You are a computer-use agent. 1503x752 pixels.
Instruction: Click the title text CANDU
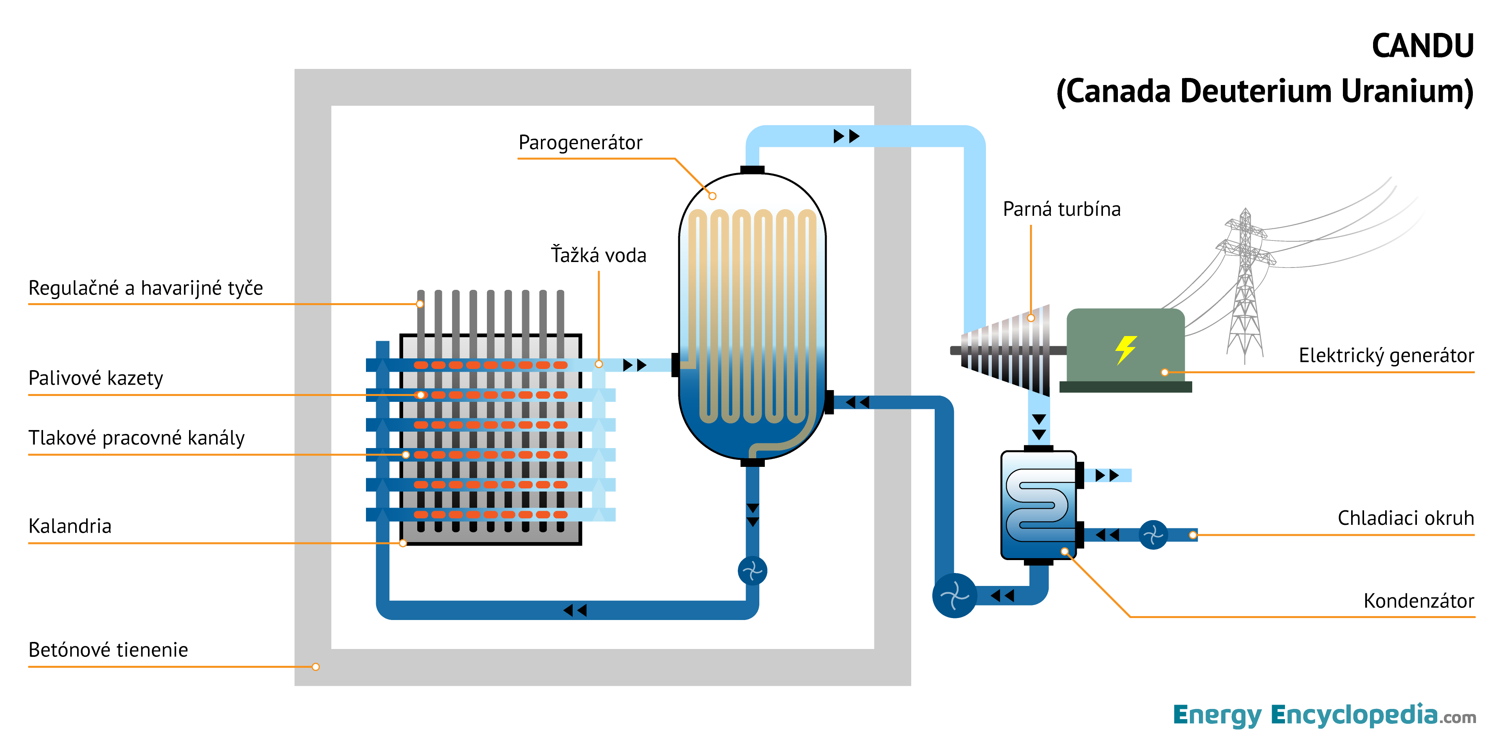click(1422, 46)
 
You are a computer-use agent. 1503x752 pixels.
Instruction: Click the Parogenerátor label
click(580, 143)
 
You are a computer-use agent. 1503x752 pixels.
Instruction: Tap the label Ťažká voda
click(598, 255)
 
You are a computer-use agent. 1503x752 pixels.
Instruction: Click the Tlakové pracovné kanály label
click(137, 438)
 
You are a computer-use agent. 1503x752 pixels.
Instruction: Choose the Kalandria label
click(70, 526)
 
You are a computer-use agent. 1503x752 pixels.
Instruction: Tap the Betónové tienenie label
click(108, 650)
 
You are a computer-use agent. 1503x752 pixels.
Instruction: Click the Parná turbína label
click(1061, 209)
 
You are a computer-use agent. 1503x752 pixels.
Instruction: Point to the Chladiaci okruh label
click(1405, 518)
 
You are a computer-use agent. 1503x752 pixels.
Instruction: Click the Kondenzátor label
click(1418, 601)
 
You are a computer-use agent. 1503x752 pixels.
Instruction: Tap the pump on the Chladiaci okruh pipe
click(1153, 535)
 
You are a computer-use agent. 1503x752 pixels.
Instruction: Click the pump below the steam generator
click(752, 571)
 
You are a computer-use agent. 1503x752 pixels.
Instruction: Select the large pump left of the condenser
click(955, 595)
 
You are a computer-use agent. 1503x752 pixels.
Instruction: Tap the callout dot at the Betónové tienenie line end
click(315, 667)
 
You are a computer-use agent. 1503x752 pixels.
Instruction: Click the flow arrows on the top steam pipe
click(846, 137)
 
